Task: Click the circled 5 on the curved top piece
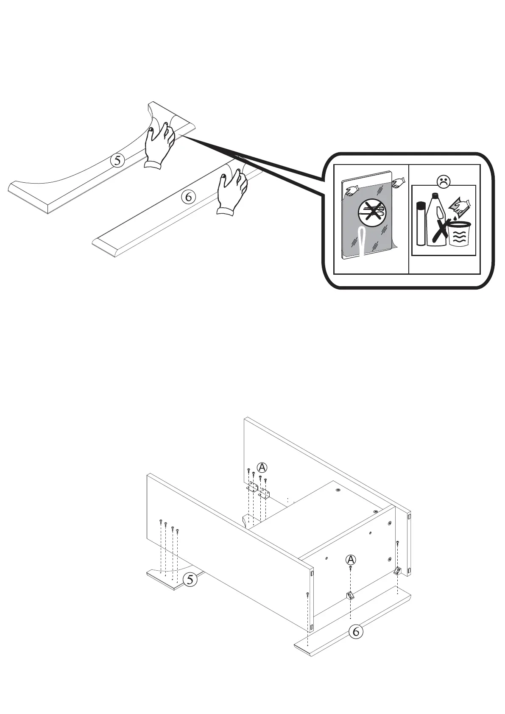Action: [x=117, y=160]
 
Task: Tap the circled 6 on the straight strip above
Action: [x=189, y=197]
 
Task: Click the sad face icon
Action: [x=444, y=182]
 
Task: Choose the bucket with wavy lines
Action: [x=459, y=234]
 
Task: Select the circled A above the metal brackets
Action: [x=262, y=467]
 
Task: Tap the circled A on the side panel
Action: [x=351, y=559]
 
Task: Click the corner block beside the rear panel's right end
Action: [x=397, y=571]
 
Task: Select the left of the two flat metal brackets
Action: [x=253, y=488]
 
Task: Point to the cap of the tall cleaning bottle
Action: [x=434, y=197]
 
